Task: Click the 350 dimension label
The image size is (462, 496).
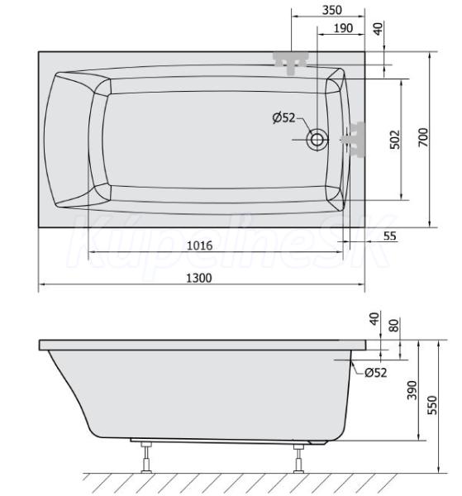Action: coord(332,10)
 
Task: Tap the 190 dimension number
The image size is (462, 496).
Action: coord(344,28)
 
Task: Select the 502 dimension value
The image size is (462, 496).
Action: coord(395,139)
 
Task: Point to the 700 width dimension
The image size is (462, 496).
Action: coord(423,137)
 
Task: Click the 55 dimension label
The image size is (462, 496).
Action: coord(389,236)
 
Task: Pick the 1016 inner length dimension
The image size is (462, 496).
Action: coord(200,246)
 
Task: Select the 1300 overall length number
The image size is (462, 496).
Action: coord(199,278)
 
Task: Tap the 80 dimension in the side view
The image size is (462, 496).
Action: coord(394,325)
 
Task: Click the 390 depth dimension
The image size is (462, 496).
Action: coord(412,390)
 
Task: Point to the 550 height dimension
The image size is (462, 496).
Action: coord(432,405)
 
